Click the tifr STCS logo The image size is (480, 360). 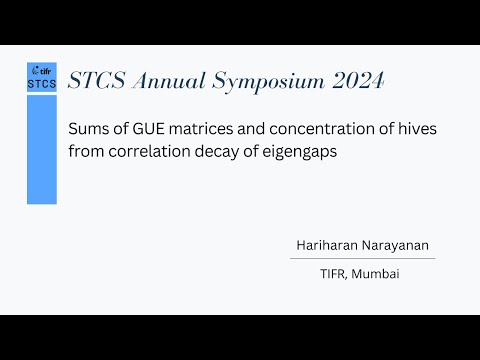click(42, 77)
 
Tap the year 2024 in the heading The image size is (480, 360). click(356, 81)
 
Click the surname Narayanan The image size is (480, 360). click(397, 245)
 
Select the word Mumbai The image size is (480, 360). click(377, 273)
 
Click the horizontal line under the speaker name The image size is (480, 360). click(361, 258)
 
